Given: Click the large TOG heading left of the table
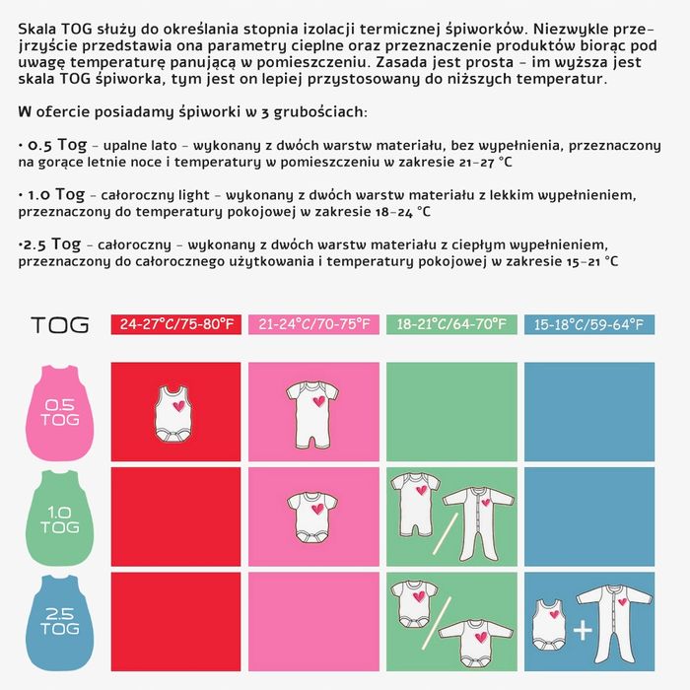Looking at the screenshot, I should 60,324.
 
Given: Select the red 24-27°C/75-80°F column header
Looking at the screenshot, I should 178,324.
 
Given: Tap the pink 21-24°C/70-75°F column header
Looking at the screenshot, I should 313,324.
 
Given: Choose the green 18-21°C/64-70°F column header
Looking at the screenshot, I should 451,324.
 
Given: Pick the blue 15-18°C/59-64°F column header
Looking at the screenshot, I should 588,324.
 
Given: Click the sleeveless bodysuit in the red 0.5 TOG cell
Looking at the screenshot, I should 174,412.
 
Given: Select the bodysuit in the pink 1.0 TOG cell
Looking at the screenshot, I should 312,515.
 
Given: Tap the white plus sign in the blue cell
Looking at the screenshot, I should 582,630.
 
